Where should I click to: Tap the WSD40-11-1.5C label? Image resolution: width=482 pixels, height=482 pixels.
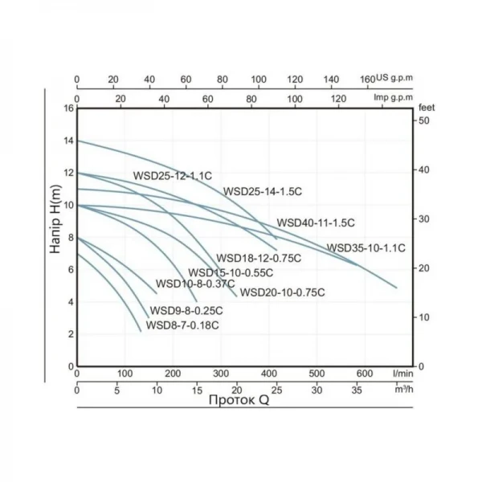(316, 223)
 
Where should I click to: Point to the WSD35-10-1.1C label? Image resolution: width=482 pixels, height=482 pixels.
(366, 247)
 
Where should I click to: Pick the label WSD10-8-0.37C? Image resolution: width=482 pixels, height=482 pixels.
(195, 284)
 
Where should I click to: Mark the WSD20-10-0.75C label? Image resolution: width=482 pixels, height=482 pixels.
(282, 292)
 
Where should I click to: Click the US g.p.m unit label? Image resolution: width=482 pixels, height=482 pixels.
(394, 80)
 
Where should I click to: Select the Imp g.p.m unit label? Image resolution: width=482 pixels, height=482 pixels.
(394, 98)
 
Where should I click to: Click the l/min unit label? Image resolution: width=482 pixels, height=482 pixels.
(404, 374)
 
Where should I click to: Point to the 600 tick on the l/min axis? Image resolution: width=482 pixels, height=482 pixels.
(365, 374)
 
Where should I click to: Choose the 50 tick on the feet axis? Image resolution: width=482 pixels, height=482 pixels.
(423, 120)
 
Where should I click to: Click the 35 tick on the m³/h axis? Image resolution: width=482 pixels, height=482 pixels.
(357, 390)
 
